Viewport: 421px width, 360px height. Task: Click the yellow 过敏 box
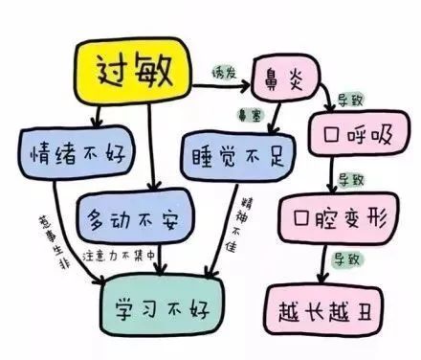[138, 70]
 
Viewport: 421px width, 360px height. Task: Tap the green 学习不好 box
[160, 305]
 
